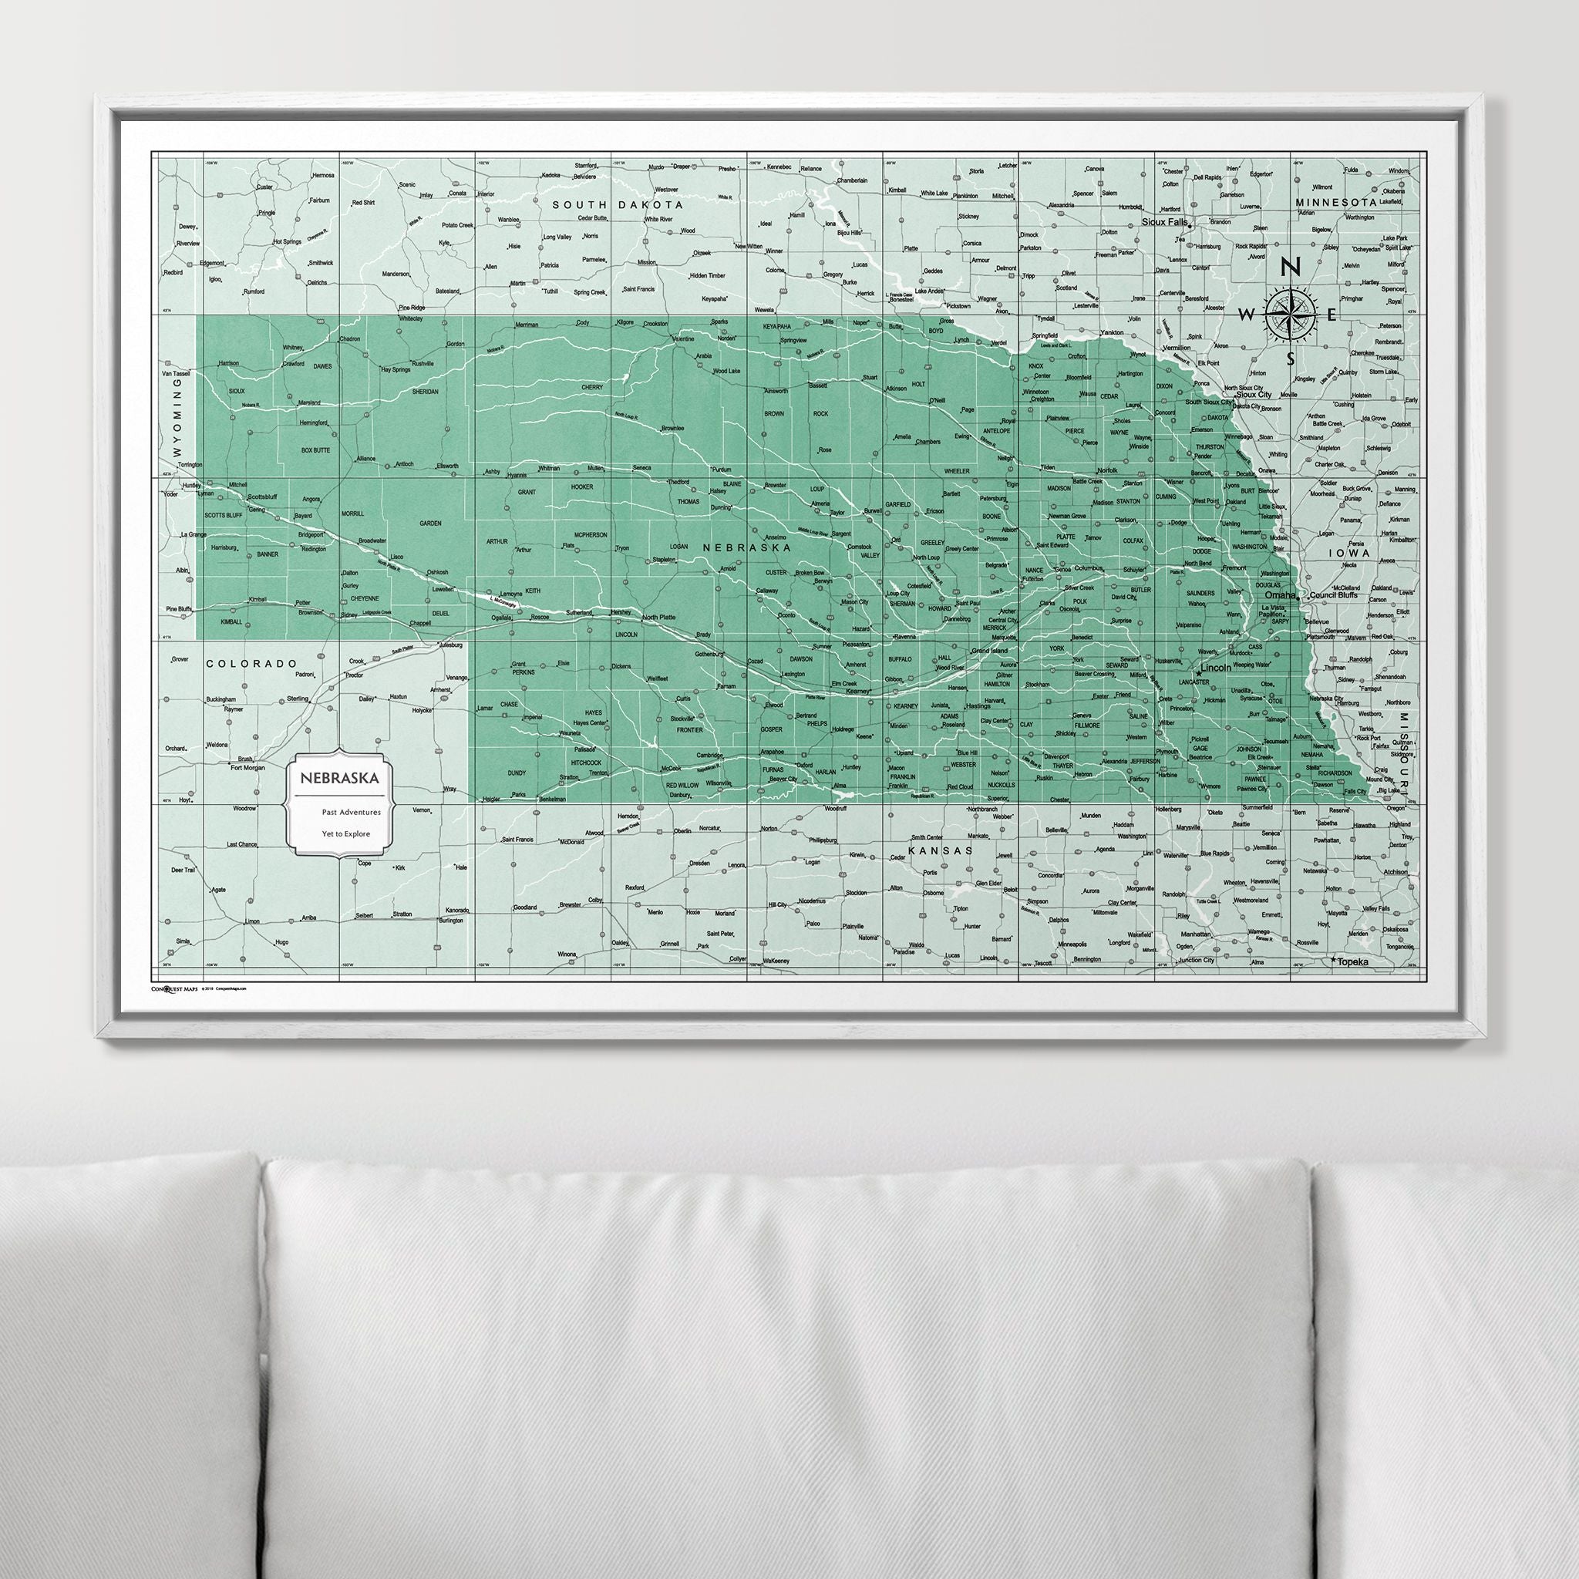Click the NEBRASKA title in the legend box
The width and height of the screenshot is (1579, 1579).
(x=339, y=778)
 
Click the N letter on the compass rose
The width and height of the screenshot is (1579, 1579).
(x=1291, y=268)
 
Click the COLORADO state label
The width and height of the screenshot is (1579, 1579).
(x=250, y=664)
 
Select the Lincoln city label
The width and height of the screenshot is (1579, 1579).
(x=1216, y=668)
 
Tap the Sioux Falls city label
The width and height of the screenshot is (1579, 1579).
(x=1165, y=221)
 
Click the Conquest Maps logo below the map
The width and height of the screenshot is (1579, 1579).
(x=169, y=989)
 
